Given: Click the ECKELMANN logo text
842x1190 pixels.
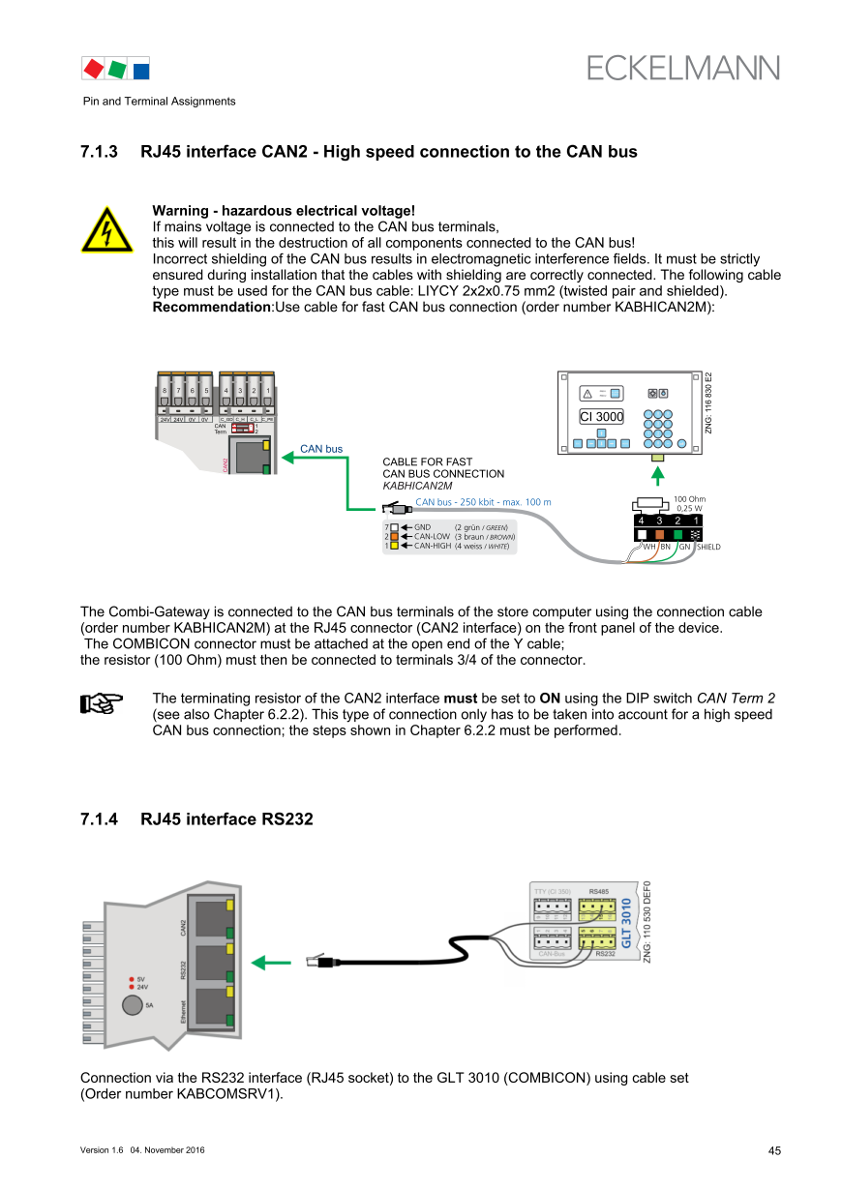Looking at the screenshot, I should pyautogui.click(x=682, y=68).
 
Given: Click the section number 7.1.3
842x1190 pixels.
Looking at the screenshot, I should pyautogui.click(x=99, y=152).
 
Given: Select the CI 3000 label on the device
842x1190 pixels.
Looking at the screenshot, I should pyautogui.click(x=601, y=417).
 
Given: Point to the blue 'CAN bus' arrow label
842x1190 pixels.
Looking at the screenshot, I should pyautogui.click(x=321, y=449).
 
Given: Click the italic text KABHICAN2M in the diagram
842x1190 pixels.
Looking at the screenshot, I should pyautogui.click(x=417, y=486).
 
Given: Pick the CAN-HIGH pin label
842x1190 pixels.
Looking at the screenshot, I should pyautogui.click(x=432, y=546).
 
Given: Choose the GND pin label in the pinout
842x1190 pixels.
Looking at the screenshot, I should pyautogui.click(x=422, y=527).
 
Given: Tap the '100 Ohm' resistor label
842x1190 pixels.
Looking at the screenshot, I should pyautogui.click(x=689, y=498).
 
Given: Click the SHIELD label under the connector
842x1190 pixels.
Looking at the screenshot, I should pyautogui.click(x=708, y=547).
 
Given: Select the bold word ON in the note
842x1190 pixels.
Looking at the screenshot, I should pyautogui.click(x=550, y=699).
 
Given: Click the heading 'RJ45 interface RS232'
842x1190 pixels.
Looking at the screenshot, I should pyautogui.click(x=226, y=819).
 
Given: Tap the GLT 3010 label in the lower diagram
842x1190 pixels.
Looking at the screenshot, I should pyautogui.click(x=626, y=924).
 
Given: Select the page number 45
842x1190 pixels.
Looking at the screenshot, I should pyautogui.click(x=774, y=1151).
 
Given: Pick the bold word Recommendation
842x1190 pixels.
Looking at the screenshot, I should pyautogui.click(x=211, y=307).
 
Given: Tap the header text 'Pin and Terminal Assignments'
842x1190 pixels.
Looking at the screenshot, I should pyautogui.click(x=158, y=102).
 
